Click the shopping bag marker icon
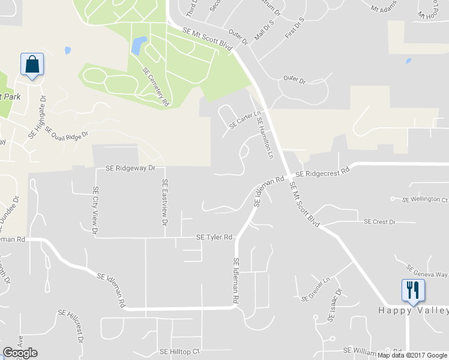point(32,64)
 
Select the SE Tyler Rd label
point(214,238)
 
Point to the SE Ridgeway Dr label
point(130,169)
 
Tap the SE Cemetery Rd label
point(155,86)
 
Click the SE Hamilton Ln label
point(265,137)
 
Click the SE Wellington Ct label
point(425,199)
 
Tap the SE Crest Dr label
point(379,222)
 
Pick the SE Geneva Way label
point(427,271)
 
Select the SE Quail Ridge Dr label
point(66,140)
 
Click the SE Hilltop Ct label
point(179,351)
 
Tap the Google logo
point(20,353)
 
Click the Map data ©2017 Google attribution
point(412,355)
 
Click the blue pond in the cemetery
point(139,44)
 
